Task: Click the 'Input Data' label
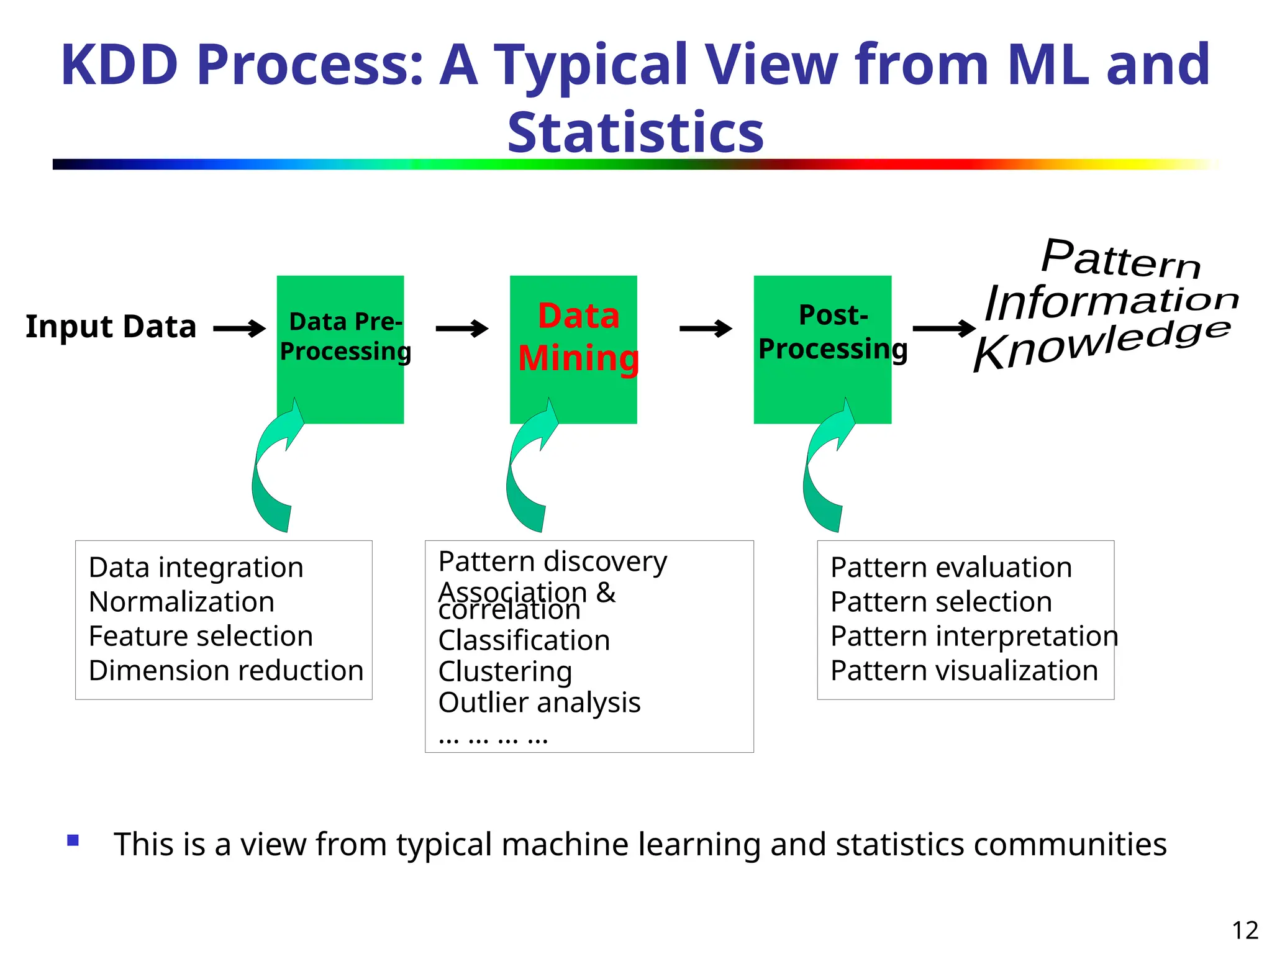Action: [111, 327]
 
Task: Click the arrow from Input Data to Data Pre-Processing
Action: [239, 329]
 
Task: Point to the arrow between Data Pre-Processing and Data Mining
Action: [461, 329]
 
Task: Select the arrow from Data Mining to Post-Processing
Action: [706, 329]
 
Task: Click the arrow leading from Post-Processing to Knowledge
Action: [943, 329]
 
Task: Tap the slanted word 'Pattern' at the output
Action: [1120, 260]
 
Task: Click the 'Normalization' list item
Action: [181, 602]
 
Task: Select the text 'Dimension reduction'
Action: [226, 671]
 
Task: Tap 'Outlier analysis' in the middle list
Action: [539, 702]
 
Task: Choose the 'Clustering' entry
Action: [505, 671]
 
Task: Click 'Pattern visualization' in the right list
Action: [964, 671]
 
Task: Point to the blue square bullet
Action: [73, 841]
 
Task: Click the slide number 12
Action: [1245, 930]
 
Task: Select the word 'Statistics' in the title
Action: [635, 132]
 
